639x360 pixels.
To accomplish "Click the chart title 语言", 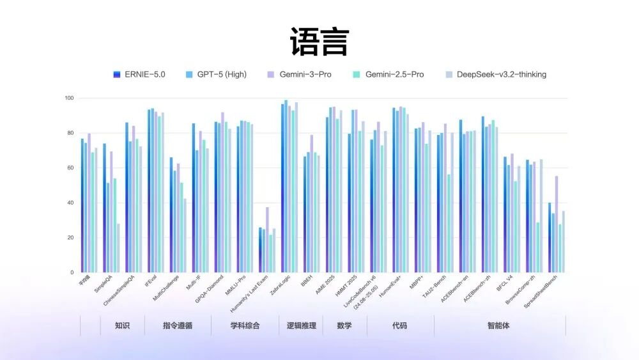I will (x=319, y=42).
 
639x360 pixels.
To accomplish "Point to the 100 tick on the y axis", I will (x=69, y=98).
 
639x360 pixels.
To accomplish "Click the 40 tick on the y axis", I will (x=70, y=203).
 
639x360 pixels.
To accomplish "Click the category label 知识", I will (x=122, y=325).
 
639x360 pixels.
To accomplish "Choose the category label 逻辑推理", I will (x=301, y=325).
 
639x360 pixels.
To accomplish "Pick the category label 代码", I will (x=399, y=325).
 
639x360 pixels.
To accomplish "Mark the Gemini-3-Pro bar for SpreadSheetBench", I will (x=557, y=224).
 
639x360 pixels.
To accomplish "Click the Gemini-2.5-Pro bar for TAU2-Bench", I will (x=449, y=223).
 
